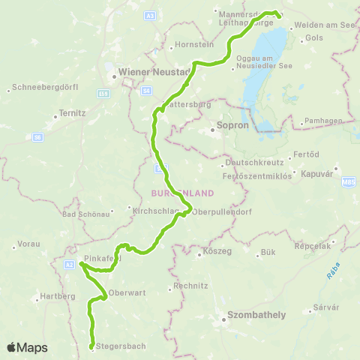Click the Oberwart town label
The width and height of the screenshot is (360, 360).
click(x=124, y=292)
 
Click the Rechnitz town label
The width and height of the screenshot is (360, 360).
click(x=190, y=286)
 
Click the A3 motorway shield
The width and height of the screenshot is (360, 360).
click(x=151, y=15)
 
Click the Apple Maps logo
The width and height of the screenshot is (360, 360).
click(x=27, y=347)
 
